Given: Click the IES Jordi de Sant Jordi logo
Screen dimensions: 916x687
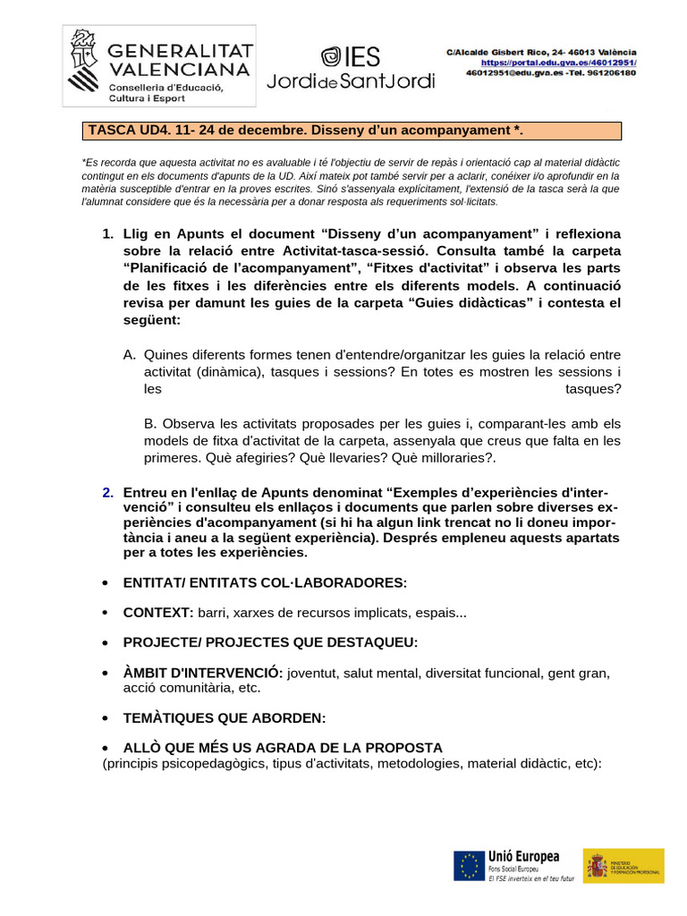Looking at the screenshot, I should (x=351, y=67).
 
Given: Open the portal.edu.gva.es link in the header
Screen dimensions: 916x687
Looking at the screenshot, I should (x=559, y=63).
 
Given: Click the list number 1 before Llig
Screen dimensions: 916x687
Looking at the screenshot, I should (x=107, y=233).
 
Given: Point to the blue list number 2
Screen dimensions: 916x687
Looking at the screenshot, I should (x=107, y=492).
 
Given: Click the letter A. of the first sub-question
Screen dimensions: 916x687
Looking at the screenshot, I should (x=130, y=355).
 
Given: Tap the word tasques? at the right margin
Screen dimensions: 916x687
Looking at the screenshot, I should (x=593, y=388).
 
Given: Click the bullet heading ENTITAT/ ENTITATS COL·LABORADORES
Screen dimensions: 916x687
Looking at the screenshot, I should (x=265, y=582).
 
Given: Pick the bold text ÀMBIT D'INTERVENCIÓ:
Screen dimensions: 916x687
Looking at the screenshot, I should (x=203, y=673).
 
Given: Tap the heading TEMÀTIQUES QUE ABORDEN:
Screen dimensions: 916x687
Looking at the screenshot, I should (x=225, y=717).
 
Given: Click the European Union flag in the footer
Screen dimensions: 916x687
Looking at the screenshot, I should (x=468, y=865).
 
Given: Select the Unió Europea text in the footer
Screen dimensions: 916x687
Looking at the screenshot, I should (x=523, y=856).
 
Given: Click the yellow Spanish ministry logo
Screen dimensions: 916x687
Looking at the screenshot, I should (x=623, y=865).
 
